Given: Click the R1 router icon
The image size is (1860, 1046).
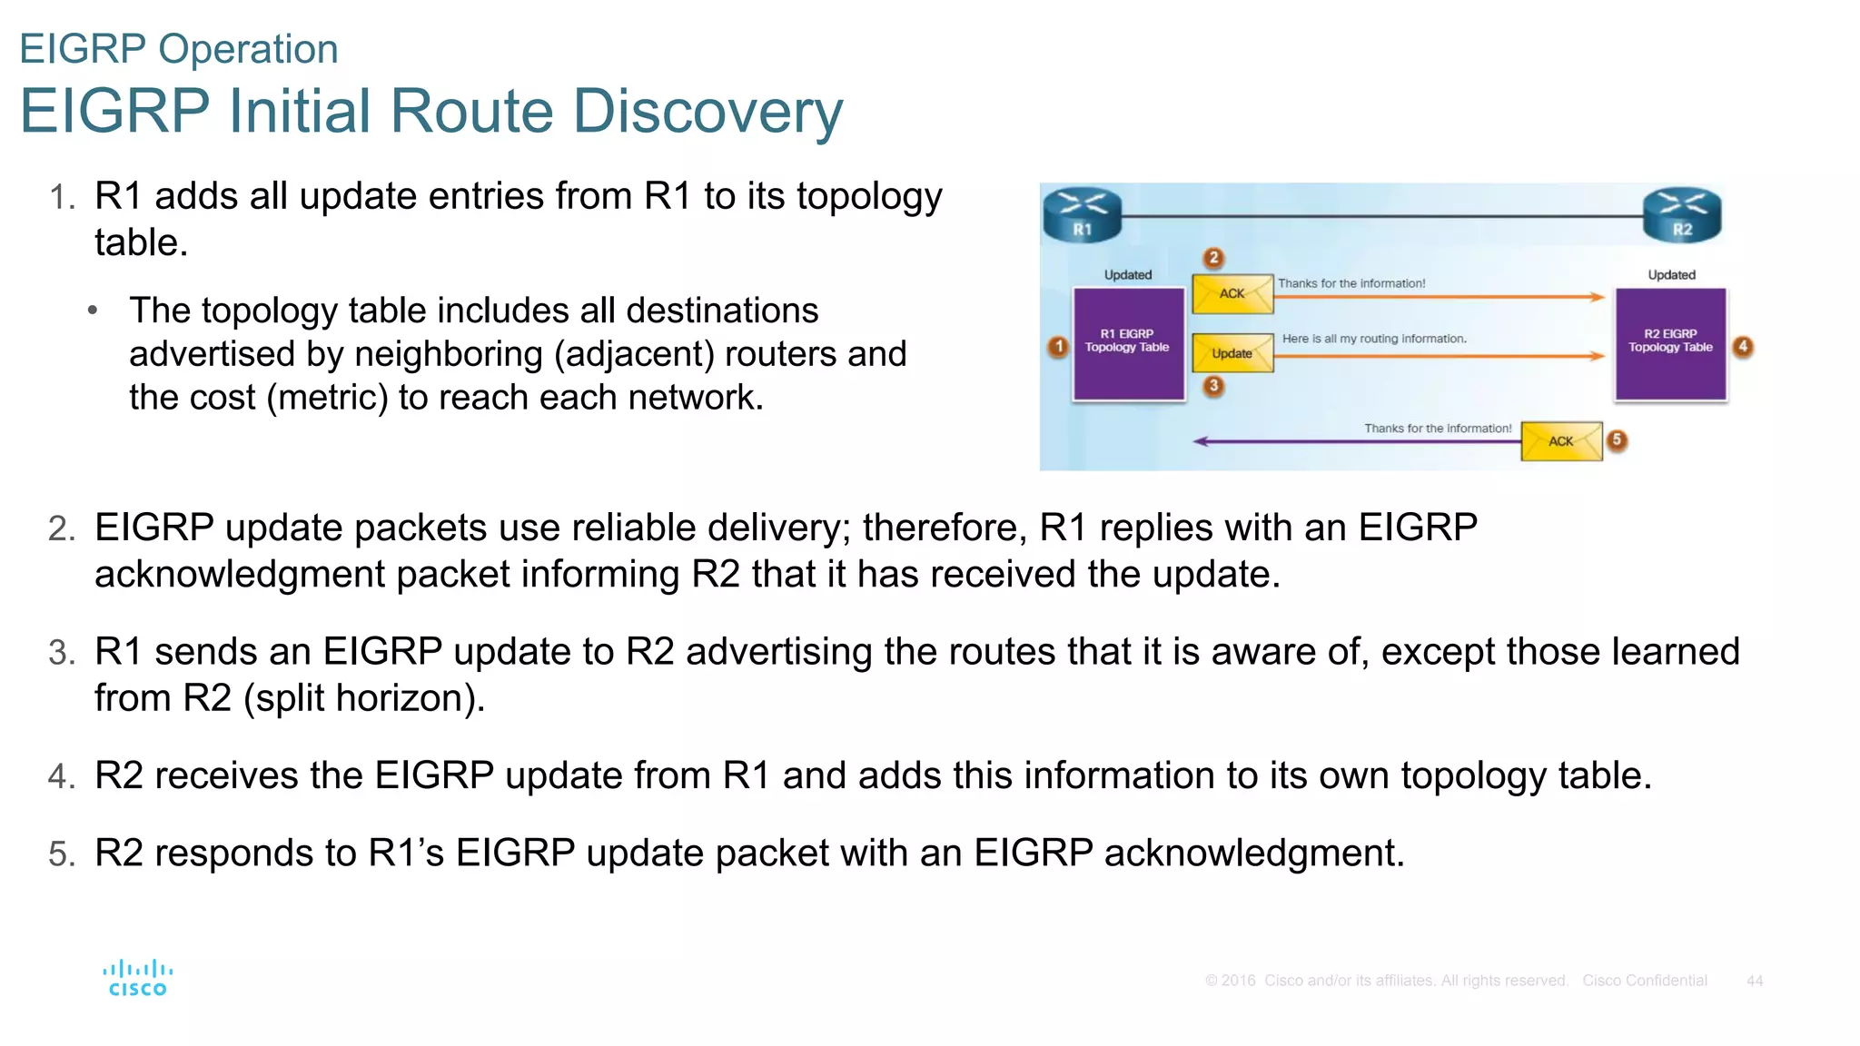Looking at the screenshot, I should pos(1083,214).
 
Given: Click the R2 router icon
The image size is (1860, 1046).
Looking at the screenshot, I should pos(1682,214).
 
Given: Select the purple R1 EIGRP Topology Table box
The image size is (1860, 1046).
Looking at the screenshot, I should pos(1128,343).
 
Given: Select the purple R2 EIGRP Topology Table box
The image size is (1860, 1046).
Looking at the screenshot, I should pos(1670,343).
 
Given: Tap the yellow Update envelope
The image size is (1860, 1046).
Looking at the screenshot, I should pos(1232,353).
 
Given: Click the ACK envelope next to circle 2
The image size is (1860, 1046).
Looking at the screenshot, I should pos(1232,293).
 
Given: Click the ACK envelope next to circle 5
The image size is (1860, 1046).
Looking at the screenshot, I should pos(1561,441).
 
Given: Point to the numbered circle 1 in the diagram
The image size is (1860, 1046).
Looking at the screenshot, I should pos(1058,347).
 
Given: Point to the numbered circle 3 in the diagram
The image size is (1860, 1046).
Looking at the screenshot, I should pos(1213,386).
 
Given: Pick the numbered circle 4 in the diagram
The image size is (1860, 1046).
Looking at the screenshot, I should pos(1743,347).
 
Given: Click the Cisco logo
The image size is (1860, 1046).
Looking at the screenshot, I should pos(137,978).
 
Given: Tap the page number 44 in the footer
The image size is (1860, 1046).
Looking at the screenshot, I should pos(1755,981).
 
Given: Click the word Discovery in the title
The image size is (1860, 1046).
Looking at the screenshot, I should pos(707,112).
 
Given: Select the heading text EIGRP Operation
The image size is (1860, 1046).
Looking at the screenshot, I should pos(179,49).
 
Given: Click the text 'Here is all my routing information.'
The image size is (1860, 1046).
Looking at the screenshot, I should pos(1374,339).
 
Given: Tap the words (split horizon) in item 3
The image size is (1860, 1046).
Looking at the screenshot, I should pos(364,698).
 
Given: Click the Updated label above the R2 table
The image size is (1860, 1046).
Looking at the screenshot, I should pos(1671,275).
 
